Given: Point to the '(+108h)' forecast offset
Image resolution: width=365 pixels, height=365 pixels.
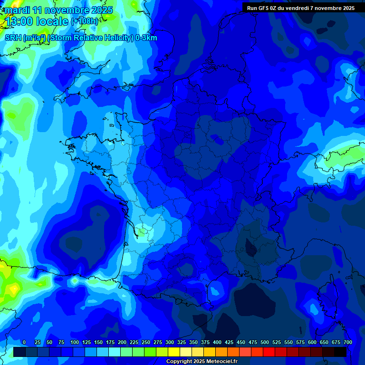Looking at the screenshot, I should click(x=85, y=21).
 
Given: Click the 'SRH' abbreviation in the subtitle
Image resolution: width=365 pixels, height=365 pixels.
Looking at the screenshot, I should click(x=12, y=38).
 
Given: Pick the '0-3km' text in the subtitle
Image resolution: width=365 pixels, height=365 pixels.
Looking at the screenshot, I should click(x=146, y=38).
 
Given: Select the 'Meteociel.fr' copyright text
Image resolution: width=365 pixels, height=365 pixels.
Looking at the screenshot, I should click(x=222, y=362).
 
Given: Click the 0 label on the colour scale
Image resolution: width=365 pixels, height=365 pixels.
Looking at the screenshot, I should click(x=24, y=342).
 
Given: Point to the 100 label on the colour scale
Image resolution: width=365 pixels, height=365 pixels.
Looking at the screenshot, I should click(x=75, y=342).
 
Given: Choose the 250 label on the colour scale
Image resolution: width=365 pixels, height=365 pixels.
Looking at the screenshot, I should click(x=146, y=342).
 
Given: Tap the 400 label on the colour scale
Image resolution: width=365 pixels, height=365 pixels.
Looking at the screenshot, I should click(x=217, y=342).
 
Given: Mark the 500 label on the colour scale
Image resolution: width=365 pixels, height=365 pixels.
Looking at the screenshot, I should click(x=265, y=342).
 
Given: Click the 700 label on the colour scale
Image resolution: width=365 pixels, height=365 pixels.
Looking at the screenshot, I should click(x=348, y=342).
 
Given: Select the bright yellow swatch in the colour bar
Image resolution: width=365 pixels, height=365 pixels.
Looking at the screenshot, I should click(x=174, y=352).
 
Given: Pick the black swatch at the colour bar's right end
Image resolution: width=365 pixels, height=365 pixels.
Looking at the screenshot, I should click(x=340, y=352).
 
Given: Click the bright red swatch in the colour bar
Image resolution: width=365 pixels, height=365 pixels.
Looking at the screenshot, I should click(x=269, y=352).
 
